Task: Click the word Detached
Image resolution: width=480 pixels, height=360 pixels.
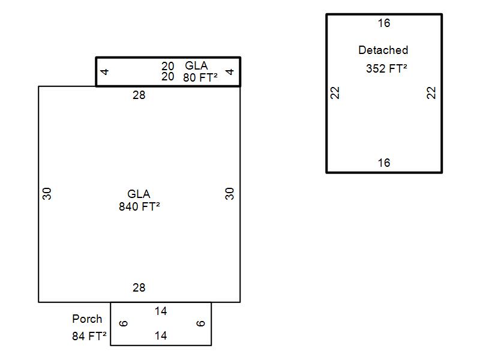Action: pos(383,50)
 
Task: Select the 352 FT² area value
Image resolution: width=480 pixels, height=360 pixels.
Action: pos(386,69)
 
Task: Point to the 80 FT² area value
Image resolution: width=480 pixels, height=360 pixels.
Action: pos(200,77)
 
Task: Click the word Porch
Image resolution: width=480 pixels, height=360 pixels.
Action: pos(87,319)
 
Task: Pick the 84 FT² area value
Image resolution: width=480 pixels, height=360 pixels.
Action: pos(89,336)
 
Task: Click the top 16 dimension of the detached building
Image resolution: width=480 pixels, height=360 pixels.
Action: pos(384,23)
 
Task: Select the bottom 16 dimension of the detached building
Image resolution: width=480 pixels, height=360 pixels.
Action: pos(384,163)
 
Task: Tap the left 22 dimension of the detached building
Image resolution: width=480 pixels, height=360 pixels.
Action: pos(335,93)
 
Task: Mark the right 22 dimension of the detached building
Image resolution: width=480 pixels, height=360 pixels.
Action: pos(432,93)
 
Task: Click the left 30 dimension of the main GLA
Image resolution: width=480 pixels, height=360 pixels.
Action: pos(47,194)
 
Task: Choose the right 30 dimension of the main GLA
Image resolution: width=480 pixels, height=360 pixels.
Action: pos(230,194)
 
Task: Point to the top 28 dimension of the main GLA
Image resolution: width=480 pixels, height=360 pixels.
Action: pos(139,95)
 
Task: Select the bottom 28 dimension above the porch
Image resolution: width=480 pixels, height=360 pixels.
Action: pos(139,288)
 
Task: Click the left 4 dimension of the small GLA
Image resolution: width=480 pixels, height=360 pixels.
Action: pos(105,72)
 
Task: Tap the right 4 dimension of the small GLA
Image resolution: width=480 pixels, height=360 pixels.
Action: pos(230,72)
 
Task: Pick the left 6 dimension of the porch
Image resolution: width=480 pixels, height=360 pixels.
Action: pos(124,323)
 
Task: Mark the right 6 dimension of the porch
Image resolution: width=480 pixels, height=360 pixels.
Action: pos(201,323)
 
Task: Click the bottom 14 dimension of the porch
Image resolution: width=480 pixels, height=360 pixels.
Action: pos(161,336)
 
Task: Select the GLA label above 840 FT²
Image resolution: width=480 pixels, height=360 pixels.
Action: pos(139,194)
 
